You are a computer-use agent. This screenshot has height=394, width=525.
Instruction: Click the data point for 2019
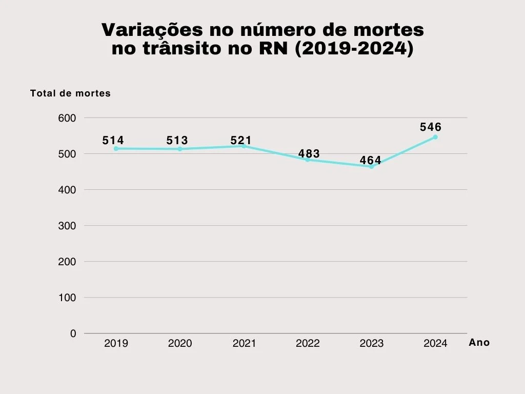[116, 149]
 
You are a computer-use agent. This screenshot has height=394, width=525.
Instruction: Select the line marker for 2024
[435, 137]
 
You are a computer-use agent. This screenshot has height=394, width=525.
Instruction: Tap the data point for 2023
[372, 166]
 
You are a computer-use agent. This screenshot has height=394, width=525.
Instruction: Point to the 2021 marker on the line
[244, 146]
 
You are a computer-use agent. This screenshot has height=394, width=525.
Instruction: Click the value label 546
[431, 127]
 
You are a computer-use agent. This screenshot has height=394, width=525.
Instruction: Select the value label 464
[371, 161]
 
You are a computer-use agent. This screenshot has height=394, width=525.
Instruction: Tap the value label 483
[309, 154]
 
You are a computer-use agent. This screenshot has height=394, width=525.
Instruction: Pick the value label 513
[177, 141]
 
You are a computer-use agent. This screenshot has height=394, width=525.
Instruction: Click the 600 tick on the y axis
[67, 118]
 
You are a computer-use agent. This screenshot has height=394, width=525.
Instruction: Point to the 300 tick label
[67, 226]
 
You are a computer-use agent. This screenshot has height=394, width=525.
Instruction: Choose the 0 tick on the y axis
[73, 333]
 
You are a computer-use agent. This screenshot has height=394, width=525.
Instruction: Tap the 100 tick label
[67, 298]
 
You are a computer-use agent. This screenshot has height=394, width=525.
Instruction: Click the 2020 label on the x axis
[180, 344]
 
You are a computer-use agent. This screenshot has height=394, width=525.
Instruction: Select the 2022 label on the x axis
[308, 344]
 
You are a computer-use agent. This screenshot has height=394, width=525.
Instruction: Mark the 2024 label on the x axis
[435, 344]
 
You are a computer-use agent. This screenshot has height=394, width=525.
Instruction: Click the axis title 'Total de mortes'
[70, 93]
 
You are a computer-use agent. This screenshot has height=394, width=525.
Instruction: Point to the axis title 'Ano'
[479, 343]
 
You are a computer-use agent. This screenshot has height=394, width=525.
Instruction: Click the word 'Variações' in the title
[147, 30]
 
